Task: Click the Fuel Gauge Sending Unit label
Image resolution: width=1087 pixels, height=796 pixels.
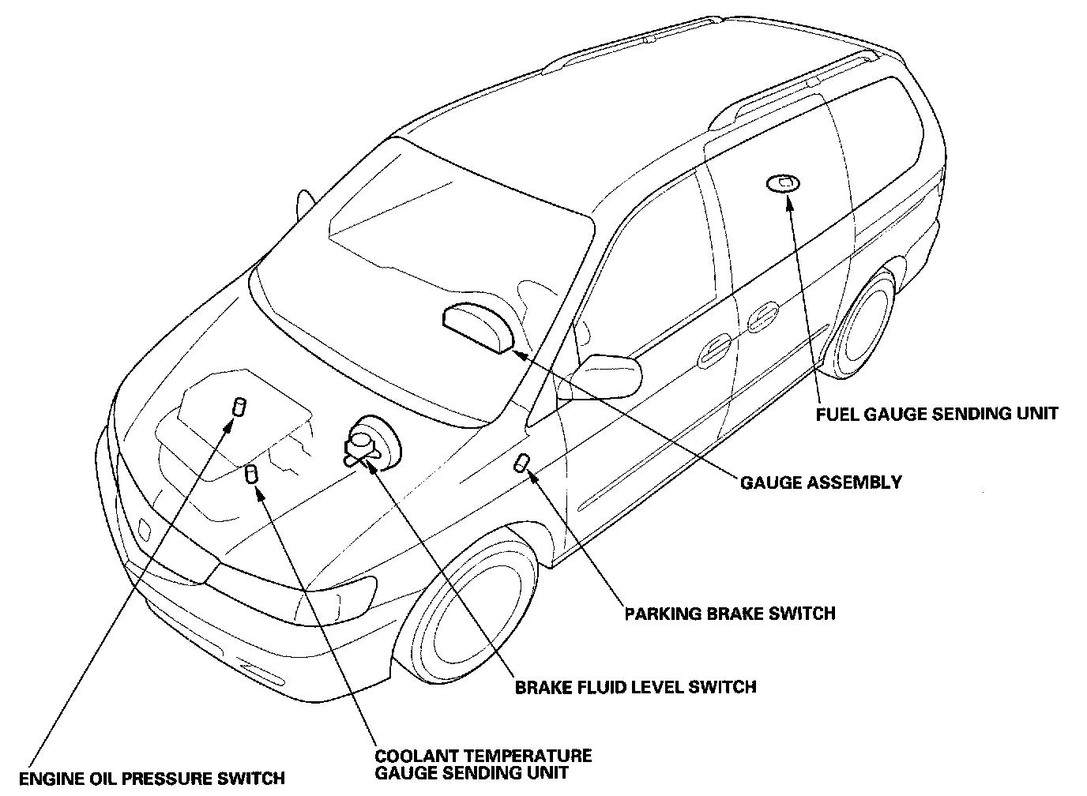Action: (937, 413)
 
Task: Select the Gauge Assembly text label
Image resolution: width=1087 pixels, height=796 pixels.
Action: (820, 482)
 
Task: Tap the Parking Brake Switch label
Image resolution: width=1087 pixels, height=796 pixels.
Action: (729, 613)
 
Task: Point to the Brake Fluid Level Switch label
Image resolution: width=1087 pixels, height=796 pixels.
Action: (635, 686)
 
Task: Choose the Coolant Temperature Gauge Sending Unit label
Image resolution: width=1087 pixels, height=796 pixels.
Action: (483, 764)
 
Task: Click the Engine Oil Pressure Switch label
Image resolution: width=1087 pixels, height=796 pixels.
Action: (151, 779)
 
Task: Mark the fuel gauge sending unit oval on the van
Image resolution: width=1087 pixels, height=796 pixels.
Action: (782, 183)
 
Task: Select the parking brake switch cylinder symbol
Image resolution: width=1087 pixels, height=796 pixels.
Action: (522, 462)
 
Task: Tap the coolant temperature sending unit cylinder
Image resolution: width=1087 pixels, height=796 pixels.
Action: (252, 474)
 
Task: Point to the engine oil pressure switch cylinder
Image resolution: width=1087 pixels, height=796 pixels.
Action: (237, 407)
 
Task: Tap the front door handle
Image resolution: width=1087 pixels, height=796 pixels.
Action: (714, 349)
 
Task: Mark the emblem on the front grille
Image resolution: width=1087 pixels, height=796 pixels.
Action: (145, 528)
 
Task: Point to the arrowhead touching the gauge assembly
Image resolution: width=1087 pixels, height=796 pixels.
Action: (518, 353)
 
